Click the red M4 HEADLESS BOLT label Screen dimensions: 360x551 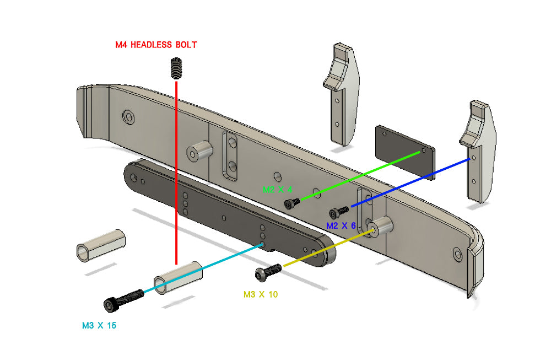156,45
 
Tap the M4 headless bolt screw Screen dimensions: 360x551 176,70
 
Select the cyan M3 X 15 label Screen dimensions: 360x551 99,325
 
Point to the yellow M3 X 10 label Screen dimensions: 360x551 261,294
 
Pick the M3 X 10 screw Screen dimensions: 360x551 268,271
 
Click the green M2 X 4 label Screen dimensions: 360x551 278,189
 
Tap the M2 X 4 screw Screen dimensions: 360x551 291,205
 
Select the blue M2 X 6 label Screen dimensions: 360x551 341,225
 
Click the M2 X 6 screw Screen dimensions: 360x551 338,212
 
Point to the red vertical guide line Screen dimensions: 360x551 176,165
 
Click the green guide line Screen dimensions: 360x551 358,176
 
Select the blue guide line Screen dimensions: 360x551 410,182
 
